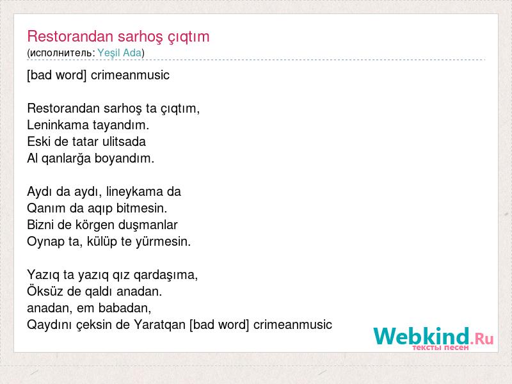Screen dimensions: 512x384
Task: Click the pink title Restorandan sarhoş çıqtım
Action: (118, 37)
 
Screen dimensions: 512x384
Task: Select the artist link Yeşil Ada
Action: (120, 53)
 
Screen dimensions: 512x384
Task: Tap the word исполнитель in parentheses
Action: (61, 53)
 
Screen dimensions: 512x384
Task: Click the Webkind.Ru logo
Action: (433, 339)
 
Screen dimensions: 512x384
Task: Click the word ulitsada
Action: (124, 141)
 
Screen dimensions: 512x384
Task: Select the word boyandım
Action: (124, 159)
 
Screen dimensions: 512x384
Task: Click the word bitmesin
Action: (141, 208)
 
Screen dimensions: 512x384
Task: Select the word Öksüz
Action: (45, 291)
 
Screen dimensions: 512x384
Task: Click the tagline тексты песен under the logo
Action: (440, 348)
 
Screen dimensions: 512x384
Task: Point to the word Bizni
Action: (40, 225)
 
